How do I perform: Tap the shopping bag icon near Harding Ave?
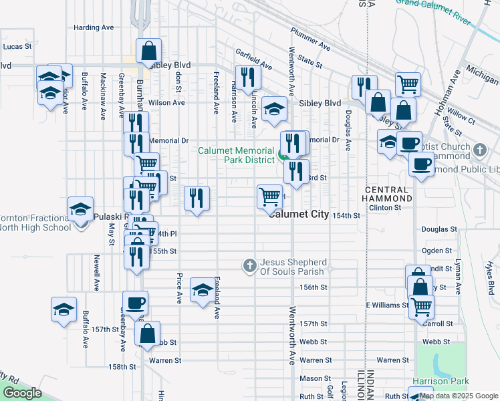tap(148, 50)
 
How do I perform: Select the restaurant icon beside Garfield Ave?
tap(248, 76)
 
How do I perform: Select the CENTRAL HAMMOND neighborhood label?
tap(388, 194)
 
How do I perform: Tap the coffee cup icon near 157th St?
tap(134, 303)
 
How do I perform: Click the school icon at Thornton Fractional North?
tap(80, 211)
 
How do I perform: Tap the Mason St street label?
tap(311, 378)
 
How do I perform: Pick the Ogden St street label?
tap(438, 251)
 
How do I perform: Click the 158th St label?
tap(123, 367)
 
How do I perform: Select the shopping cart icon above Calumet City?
tap(269, 196)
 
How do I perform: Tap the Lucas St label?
tap(17, 47)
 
